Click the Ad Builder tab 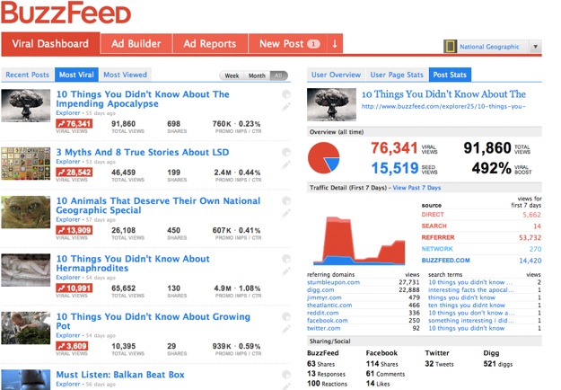[x=136, y=43]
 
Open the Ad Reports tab [x=209, y=43]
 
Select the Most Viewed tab [x=124, y=75]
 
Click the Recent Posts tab [x=28, y=75]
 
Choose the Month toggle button [x=257, y=75]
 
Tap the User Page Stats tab [x=397, y=75]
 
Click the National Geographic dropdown [x=493, y=47]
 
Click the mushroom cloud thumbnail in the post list [x=24, y=105]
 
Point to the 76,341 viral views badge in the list [x=74, y=124]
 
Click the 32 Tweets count [x=441, y=364]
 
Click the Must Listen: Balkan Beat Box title [x=119, y=375]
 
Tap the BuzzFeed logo [x=66, y=13]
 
